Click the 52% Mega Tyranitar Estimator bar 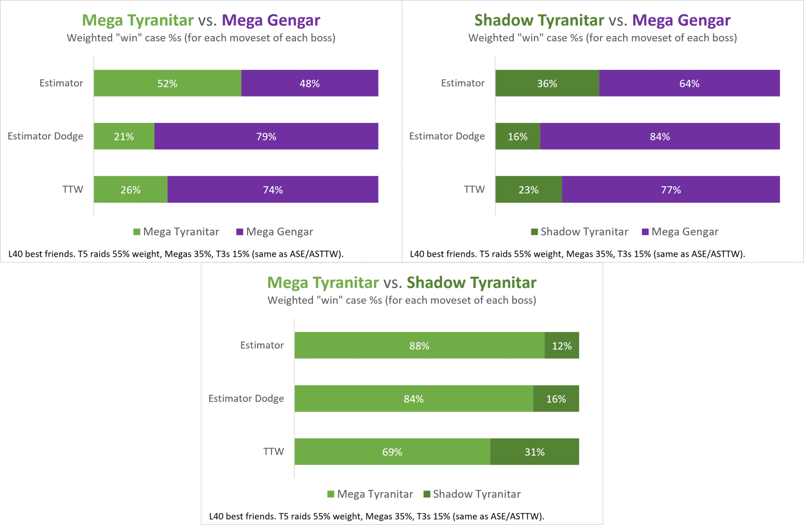tap(167, 83)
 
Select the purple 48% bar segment tap(309, 83)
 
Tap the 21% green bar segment tap(124, 136)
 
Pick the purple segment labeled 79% tap(266, 136)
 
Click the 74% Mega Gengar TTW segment tap(273, 190)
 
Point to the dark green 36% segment tap(547, 83)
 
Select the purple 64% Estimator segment tap(689, 83)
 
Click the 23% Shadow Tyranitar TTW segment tap(528, 190)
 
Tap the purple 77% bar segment tap(671, 190)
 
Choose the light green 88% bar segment tap(419, 346)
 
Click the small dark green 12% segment tap(562, 346)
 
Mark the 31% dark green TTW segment tap(535, 452)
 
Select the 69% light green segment tap(392, 452)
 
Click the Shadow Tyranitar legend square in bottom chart tap(427, 494)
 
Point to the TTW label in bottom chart tap(273, 452)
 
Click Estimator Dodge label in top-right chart tap(447, 136)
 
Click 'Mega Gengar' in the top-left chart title tap(271, 20)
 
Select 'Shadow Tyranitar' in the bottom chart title tap(471, 283)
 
